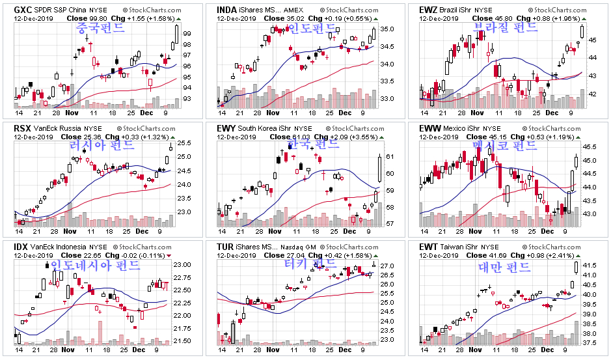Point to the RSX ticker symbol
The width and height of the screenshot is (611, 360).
click(22, 128)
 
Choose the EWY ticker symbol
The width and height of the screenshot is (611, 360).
click(226, 128)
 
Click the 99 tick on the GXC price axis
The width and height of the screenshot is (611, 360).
click(186, 33)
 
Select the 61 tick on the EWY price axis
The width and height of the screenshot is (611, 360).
click(389, 157)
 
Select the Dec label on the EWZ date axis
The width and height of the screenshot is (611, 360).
click(552, 113)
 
